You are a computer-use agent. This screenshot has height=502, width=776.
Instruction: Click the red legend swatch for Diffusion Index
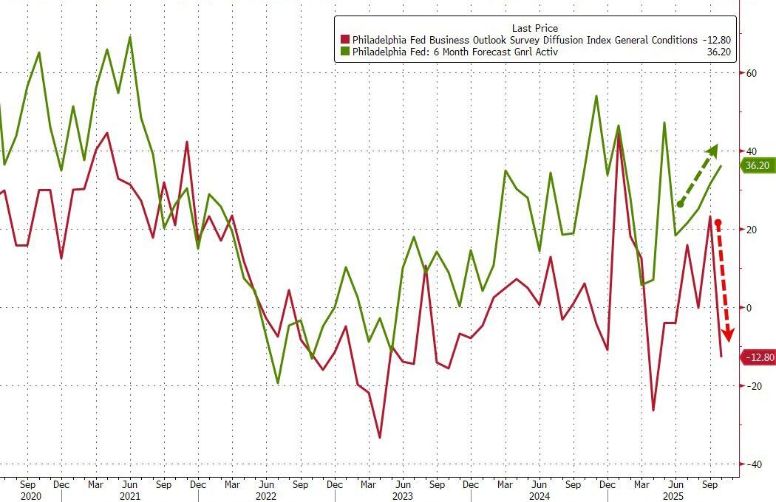pyautogui.click(x=344, y=40)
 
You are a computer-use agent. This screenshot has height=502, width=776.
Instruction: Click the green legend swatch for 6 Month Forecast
pyautogui.click(x=344, y=52)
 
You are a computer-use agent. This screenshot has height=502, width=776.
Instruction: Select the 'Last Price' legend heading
pyautogui.click(x=535, y=28)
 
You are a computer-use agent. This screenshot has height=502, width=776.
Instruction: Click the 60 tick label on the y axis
pyautogui.click(x=752, y=73)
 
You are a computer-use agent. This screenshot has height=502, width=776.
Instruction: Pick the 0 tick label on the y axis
pyautogui.click(x=749, y=308)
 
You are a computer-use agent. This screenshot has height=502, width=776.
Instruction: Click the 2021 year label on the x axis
pyautogui.click(x=130, y=495)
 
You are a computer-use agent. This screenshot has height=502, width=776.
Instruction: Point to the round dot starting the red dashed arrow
pyautogui.click(x=718, y=222)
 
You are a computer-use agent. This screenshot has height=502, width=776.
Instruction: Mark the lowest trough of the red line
pyautogui.click(x=380, y=438)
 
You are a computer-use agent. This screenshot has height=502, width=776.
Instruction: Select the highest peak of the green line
pyautogui.click(x=130, y=36)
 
